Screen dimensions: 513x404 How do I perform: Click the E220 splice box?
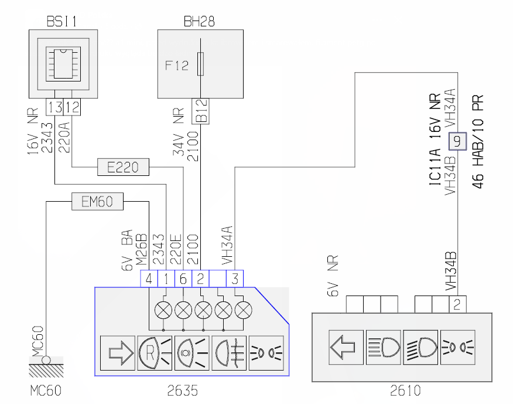point(123,167)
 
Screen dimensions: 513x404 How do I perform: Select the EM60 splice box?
point(97,201)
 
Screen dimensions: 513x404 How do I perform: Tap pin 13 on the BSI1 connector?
point(54,107)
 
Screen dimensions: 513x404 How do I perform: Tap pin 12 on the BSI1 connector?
point(71,107)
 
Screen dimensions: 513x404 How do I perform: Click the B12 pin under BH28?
point(200,111)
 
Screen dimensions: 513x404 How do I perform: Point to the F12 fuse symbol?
point(200,63)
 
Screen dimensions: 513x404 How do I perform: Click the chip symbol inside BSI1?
point(63,64)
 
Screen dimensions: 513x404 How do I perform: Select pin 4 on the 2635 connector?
point(149,279)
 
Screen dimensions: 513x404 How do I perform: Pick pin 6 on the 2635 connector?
point(183,279)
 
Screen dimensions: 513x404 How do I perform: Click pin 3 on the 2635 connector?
point(235,279)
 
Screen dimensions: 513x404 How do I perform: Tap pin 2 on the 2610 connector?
point(457,304)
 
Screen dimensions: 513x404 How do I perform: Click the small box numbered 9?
point(457,141)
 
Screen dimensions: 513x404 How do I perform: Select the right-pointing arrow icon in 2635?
point(118,353)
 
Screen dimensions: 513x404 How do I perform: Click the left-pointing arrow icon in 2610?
point(346,347)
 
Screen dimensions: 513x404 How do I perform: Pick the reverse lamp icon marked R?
point(155,353)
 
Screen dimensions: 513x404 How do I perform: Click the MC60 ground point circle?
point(46,361)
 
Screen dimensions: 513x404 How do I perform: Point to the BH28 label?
point(199,22)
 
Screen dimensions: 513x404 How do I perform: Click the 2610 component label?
point(405,391)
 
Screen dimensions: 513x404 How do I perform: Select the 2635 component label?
point(183,391)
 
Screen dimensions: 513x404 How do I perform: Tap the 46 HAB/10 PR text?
point(478,141)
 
